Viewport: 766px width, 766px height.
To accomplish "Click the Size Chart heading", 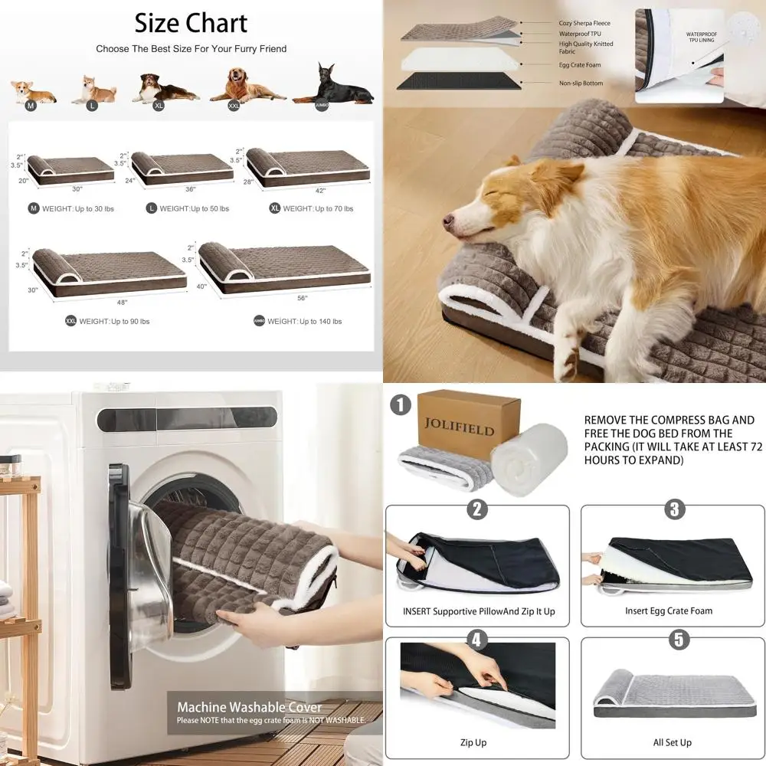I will tap(191, 23).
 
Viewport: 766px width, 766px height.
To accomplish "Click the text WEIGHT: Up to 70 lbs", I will tap(317, 208).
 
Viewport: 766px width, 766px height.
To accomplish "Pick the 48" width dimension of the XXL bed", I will tap(123, 302).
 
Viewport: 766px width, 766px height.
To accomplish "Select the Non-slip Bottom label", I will tap(581, 83).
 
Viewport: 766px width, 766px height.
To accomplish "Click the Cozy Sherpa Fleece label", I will tap(586, 24).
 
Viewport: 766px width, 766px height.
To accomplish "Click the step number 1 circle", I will tap(400, 404).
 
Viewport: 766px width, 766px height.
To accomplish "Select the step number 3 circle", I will tap(675, 509).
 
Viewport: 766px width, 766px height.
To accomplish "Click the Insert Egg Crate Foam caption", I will tap(668, 611).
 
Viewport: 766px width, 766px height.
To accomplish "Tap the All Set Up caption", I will tap(672, 742).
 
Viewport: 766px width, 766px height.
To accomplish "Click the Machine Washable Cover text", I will tap(250, 707).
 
